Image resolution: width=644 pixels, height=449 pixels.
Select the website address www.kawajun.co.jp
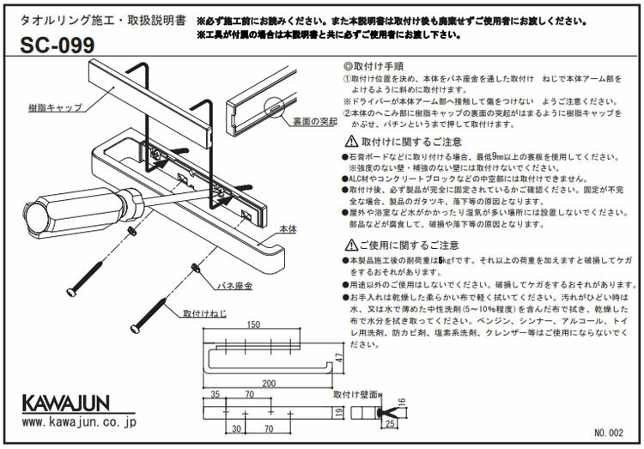click(x=75, y=422)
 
